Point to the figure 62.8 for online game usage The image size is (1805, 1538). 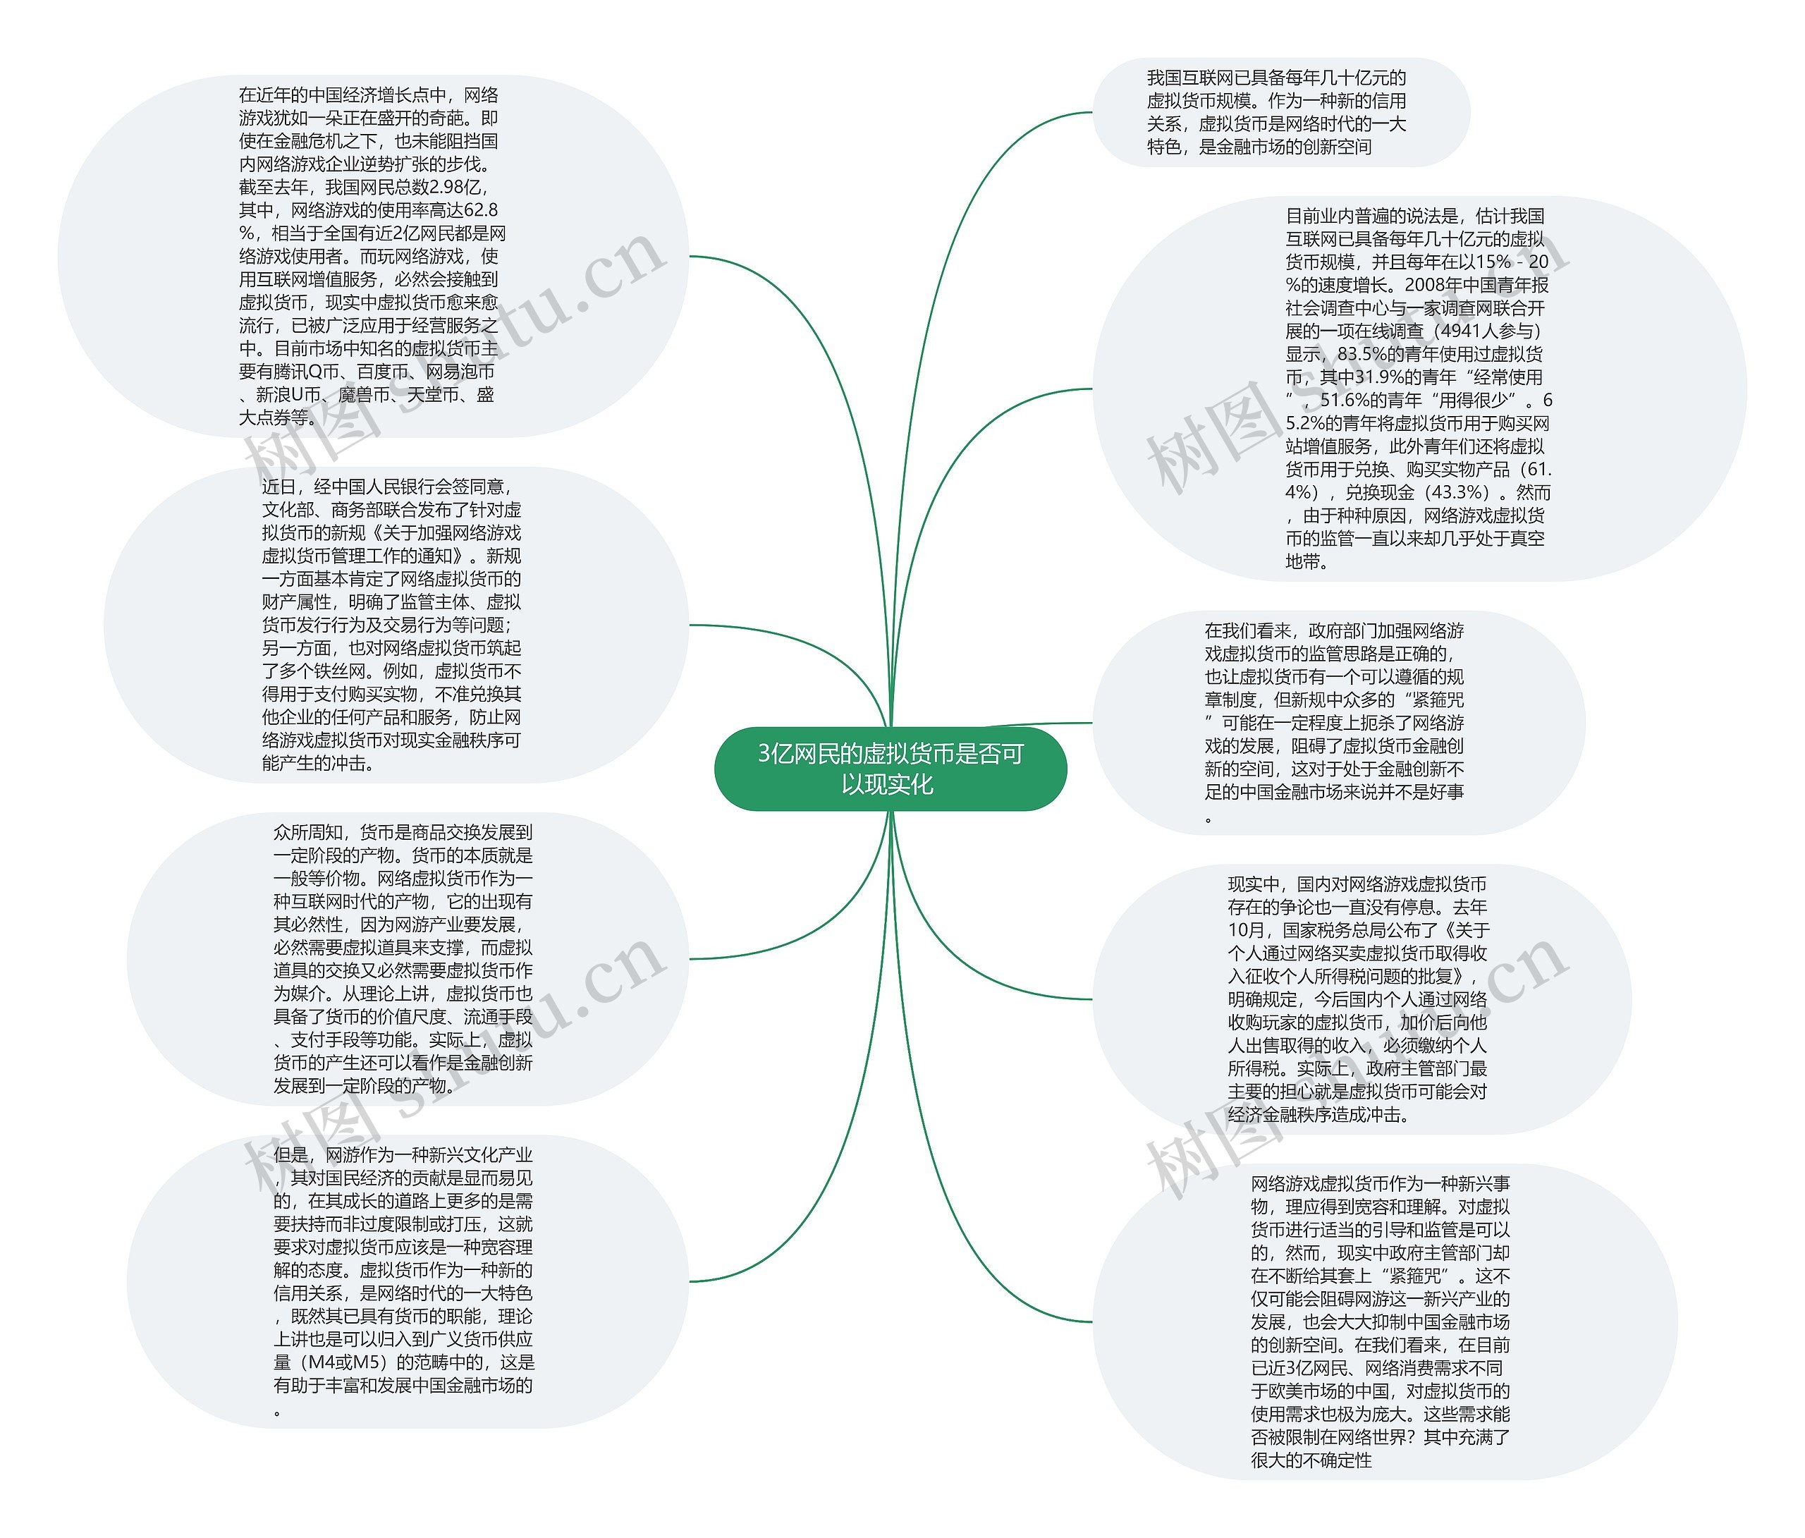tap(480, 210)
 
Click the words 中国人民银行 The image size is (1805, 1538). tap(391, 487)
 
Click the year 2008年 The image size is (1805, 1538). tap(1433, 285)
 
